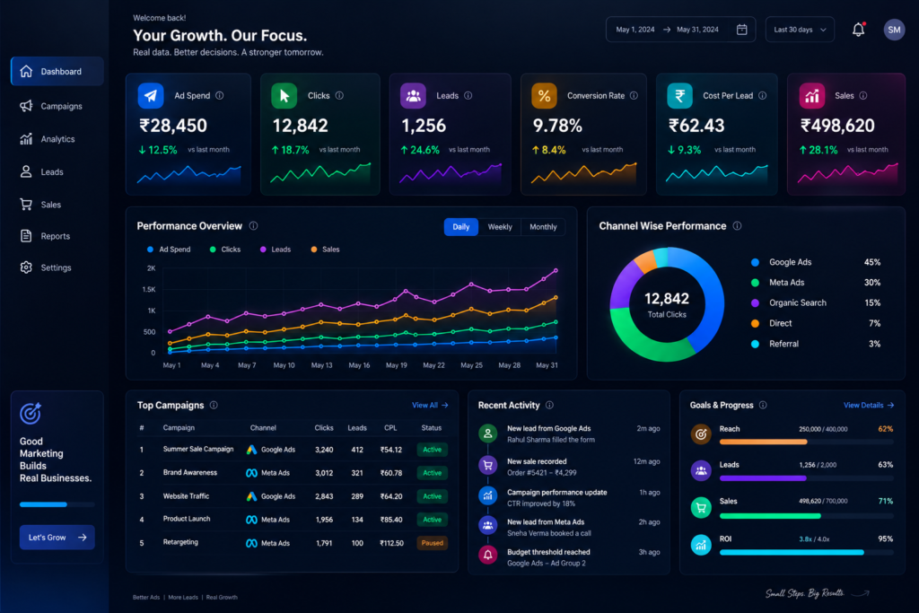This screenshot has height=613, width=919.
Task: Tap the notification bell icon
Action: click(x=858, y=30)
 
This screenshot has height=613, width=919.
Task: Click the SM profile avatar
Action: click(x=894, y=30)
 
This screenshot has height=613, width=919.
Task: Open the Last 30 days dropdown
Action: click(x=800, y=30)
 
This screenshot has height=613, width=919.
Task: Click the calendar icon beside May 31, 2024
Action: click(x=741, y=30)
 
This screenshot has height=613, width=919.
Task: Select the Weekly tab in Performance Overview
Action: click(x=500, y=227)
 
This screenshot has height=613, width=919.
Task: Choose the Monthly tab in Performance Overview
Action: click(x=543, y=227)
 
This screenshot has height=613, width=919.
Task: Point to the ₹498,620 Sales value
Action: click(x=837, y=126)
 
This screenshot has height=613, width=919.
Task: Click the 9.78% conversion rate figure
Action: click(x=556, y=126)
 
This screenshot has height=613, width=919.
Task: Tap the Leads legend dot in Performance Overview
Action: click(x=263, y=250)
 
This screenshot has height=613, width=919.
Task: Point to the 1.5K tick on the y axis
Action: click(x=149, y=290)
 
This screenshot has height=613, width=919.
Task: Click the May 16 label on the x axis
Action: click(x=359, y=365)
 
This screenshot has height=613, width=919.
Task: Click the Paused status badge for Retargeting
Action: click(x=432, y=543)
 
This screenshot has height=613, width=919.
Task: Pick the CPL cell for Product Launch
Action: click(x=391, y=520)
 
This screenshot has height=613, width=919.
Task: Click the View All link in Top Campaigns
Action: click(x=430, y=405)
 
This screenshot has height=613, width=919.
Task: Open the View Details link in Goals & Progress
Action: click(x=869, y=405)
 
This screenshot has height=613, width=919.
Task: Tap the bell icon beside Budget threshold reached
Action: click(x=487, y=555)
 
